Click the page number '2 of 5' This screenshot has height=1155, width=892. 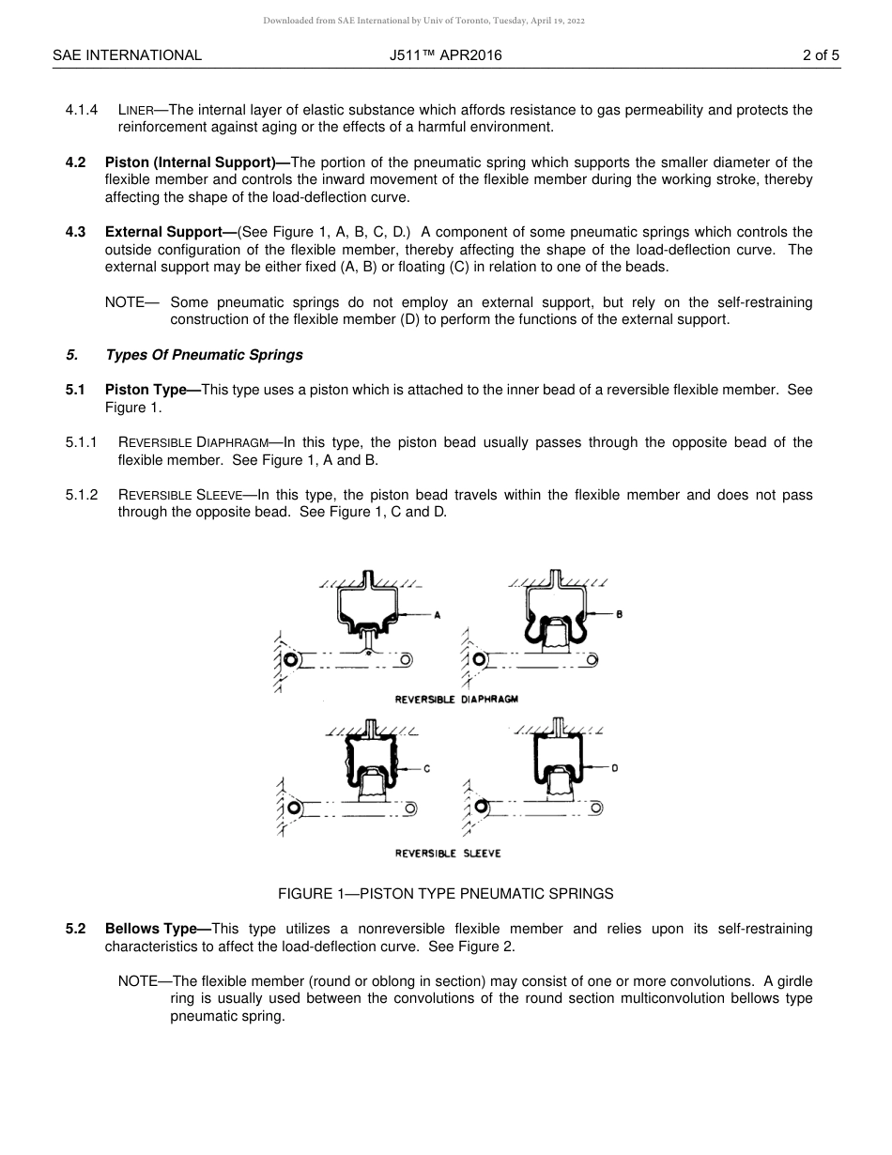tap(821, 55)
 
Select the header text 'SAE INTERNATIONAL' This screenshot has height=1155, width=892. tap(127, 55)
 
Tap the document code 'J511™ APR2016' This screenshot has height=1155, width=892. tap(445, 55)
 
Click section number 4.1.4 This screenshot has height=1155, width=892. tap(82, 110)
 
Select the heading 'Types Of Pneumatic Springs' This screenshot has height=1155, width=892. tap(204, 355)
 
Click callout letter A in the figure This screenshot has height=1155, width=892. tap(438, 615)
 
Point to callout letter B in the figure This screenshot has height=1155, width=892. tap(619, 614)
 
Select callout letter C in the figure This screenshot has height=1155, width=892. tap(426, 769)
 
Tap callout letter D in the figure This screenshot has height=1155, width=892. tap(614, 768)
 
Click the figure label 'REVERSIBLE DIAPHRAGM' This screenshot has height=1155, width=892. tap(456, 700)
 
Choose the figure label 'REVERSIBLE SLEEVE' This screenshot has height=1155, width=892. tap(448, 854)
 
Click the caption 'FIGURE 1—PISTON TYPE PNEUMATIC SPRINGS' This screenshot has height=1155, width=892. tap(445, 894)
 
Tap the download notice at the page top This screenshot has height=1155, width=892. tap(423, 21)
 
